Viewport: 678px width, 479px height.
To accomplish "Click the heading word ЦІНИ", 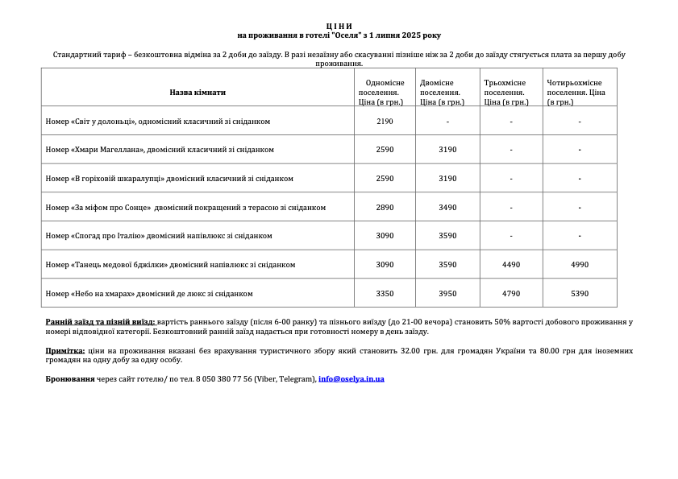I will click(339, 27).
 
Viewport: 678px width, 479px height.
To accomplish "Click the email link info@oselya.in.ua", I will click(351, 379).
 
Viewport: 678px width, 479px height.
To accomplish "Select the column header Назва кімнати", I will click(198, 93).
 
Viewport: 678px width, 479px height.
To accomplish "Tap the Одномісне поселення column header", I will click(385, 93).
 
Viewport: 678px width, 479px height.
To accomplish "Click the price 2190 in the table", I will click(385, 122).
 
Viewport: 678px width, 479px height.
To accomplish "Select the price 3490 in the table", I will click(447, 208).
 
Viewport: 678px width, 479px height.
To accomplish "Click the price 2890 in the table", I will click(385, 208).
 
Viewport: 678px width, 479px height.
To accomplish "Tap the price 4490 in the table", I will click(511, 265).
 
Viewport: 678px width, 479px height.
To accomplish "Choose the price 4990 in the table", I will click(580, 265).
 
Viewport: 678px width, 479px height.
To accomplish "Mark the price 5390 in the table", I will click(580, 294).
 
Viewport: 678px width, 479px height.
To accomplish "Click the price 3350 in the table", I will click(385, 294).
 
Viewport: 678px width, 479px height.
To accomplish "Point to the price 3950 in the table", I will click(447, 294).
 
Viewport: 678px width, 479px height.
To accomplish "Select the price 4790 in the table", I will click(511, 294).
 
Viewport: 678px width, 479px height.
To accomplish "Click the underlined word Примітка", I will click(65, 351).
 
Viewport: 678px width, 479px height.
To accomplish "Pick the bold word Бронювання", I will click(70, 379).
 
